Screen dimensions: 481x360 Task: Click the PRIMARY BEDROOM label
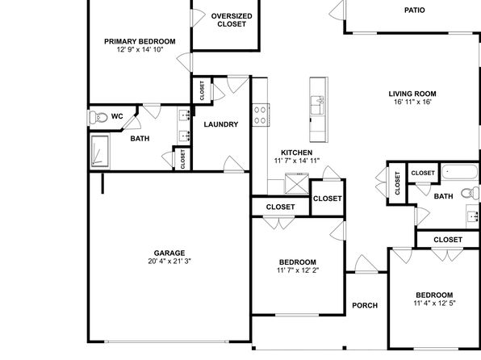[140, 41]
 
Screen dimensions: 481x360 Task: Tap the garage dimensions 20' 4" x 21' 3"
[169, 262]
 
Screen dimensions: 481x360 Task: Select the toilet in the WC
[98, 117]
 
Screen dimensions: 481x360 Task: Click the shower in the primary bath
[100, 151]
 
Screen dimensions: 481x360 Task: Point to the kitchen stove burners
[260, 115]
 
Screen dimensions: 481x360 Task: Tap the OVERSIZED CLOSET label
[232, 20]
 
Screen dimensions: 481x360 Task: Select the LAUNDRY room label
[221, 124]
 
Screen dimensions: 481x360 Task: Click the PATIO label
[415, 10]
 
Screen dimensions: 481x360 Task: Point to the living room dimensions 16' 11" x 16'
[412, 102]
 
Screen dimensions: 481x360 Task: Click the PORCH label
[365, 305]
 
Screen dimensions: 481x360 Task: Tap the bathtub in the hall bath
[459, 173]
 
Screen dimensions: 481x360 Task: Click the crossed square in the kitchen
[297, 183]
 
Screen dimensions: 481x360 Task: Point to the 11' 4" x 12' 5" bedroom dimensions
[434, 303]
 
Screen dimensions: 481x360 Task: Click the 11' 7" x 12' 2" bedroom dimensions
[298, 270]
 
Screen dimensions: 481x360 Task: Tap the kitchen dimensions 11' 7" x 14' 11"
[297, 160]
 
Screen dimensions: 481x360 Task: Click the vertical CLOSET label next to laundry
[202, 90]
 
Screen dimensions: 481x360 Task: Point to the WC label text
[117, 116]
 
